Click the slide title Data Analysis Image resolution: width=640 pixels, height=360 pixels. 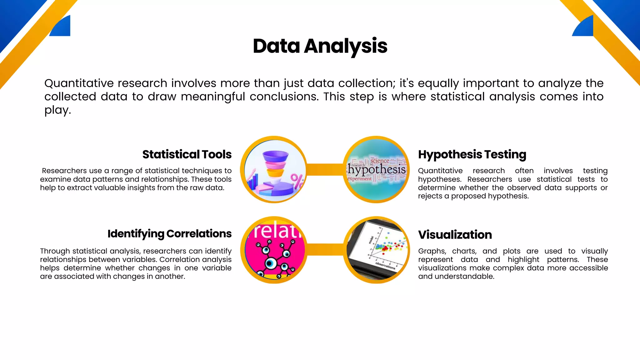(x=320, y=46)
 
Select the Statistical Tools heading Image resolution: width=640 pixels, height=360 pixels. (x=187, y=154)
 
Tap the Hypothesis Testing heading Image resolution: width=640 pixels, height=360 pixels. (x=472, y=154)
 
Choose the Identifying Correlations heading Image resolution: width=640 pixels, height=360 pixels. (x=169, y=234)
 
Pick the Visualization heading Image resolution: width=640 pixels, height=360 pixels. (x=455, y=235)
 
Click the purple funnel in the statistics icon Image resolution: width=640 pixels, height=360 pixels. (x=275, y=157)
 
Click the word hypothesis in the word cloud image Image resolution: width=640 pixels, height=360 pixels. (x=377, y=170)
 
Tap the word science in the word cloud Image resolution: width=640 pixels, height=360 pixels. (x=380, y=161)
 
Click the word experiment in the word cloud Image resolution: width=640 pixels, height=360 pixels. (x=359, y=179)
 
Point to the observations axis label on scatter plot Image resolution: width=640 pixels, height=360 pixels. (x=385, y=266)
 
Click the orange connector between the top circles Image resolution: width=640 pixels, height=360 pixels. (x=325, y=169)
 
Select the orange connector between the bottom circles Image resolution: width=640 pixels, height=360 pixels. (x=325, y=250)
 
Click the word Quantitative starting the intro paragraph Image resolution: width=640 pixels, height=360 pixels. (x=79, y=83)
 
